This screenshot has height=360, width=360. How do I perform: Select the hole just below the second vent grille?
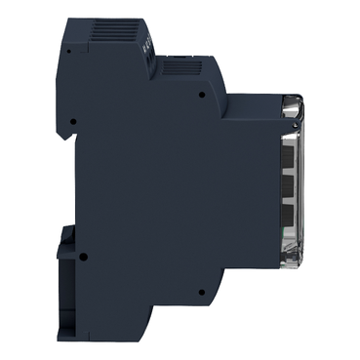pyautogui.click(x=200, y=96)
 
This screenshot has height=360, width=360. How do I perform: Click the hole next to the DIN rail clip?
pyautogui.click(x=83, y=258)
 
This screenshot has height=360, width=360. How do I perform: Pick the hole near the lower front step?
pyautogui.click(x=200, y=290)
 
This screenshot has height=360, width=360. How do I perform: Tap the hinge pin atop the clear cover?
pyautogui.click(x=295, y=101)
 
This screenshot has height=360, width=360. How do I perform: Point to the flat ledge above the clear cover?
pyautogui.click(x=254, y=95)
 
